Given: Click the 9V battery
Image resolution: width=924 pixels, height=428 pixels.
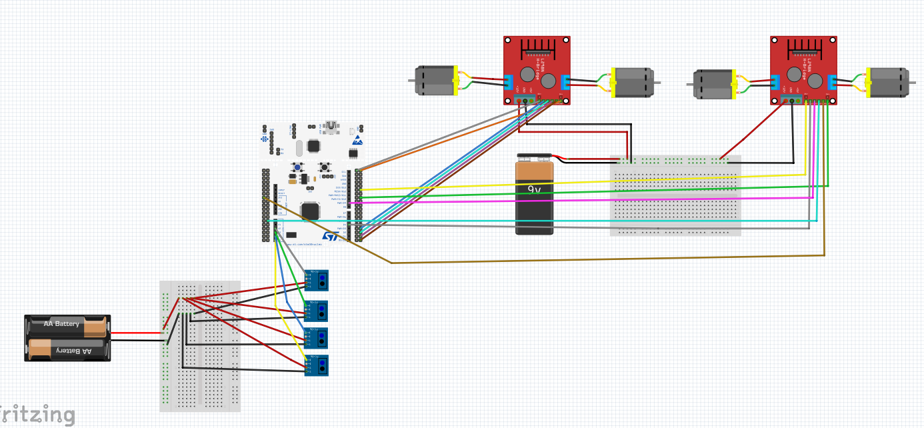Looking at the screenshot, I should pyautogui.click(x=535, y=194).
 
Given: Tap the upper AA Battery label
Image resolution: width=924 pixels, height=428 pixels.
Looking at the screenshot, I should pyautogui.click(x=61, y=324).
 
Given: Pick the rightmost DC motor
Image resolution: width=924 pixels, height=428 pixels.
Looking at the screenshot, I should pyautogui.click(x=887, y=83).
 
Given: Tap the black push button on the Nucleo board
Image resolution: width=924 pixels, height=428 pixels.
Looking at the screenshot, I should pyautogui.click(x=325, y=167).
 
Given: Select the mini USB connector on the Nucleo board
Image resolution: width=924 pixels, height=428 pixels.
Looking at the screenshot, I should pyautogui.click(x=331, y=127).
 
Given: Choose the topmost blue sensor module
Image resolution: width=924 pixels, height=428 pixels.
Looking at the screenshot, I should pyautogui.click(x=317, y=280).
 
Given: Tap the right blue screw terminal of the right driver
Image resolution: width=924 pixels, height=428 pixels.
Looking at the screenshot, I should pyautogui.click(x=832, y=82).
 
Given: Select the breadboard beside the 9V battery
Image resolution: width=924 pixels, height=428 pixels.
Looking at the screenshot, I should pyautogui.click(x=675, y=196).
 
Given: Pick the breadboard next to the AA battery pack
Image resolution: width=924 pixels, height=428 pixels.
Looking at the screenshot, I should pyautogui.click(x=200, y=346).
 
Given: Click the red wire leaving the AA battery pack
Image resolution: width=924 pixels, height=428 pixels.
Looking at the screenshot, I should pyautogui.click(x=136, y=333).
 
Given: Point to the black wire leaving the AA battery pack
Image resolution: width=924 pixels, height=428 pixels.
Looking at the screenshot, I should pyautogui.click(x=136, y=341).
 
